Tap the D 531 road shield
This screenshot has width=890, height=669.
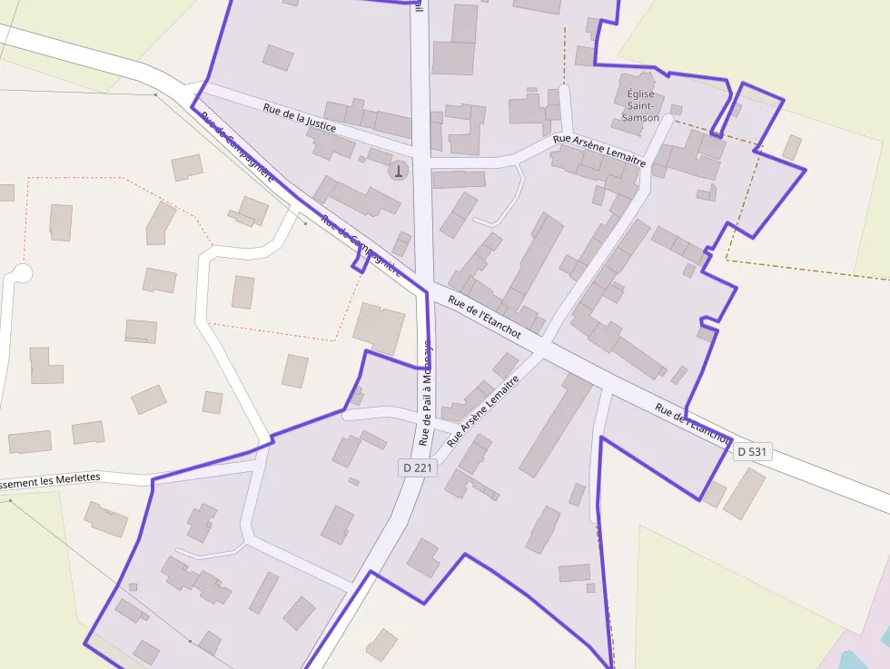tap(753, 451)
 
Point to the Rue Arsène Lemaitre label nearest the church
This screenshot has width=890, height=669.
tap(599, 150)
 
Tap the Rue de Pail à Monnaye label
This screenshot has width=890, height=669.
tap(426, 394)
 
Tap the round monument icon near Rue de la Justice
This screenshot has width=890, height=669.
tap(398, 169)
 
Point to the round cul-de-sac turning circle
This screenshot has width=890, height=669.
tap(22, 272)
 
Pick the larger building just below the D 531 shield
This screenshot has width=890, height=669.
tap(744, 493)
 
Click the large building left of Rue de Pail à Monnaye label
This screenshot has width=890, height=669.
tap(379, 328)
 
